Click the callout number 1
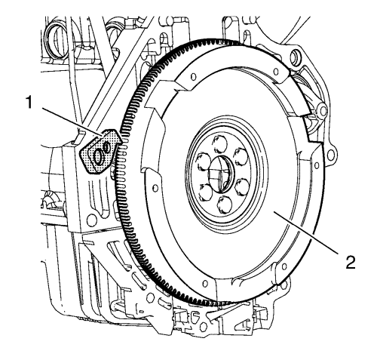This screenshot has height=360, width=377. point(30,103)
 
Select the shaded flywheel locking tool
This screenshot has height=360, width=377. point(100,151)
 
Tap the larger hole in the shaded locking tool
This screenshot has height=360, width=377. point(98,158)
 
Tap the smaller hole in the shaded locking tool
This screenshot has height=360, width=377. point(107,147)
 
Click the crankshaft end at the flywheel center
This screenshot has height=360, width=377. point(220,174)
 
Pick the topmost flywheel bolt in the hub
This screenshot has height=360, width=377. point(219,144)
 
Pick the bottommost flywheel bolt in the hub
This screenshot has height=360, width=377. point(225,205)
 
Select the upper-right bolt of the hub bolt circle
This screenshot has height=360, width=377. point(241,157)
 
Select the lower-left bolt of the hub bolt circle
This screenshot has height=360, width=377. point(206,192)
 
